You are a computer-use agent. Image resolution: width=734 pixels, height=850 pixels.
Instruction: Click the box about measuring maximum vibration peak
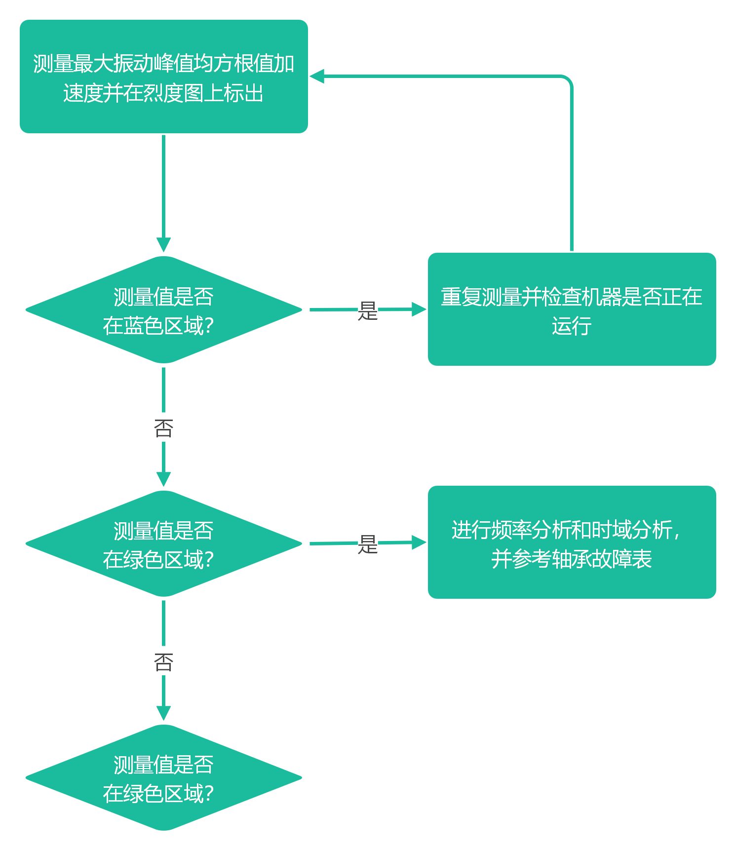163,77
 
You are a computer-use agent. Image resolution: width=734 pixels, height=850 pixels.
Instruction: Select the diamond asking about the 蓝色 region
163,310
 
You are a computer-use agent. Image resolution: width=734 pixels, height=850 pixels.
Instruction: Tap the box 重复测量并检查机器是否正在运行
572,310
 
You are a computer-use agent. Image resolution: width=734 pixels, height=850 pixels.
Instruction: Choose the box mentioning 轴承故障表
572,542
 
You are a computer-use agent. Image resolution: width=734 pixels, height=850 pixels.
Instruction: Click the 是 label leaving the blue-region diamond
368,310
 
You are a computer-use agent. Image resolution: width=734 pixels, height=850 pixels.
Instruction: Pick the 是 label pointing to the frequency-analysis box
368,543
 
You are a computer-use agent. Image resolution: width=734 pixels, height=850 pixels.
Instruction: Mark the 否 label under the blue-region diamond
163,427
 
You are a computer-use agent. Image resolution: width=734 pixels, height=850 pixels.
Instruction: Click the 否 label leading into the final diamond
163,660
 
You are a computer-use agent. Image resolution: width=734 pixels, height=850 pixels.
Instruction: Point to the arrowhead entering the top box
317,77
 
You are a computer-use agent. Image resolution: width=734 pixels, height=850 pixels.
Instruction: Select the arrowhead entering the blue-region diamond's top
163,245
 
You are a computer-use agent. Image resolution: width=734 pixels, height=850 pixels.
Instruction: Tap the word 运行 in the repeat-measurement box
572,326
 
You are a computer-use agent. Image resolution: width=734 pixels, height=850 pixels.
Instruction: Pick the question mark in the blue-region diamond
209,326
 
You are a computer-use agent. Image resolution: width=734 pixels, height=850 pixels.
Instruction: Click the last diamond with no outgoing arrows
163,777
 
